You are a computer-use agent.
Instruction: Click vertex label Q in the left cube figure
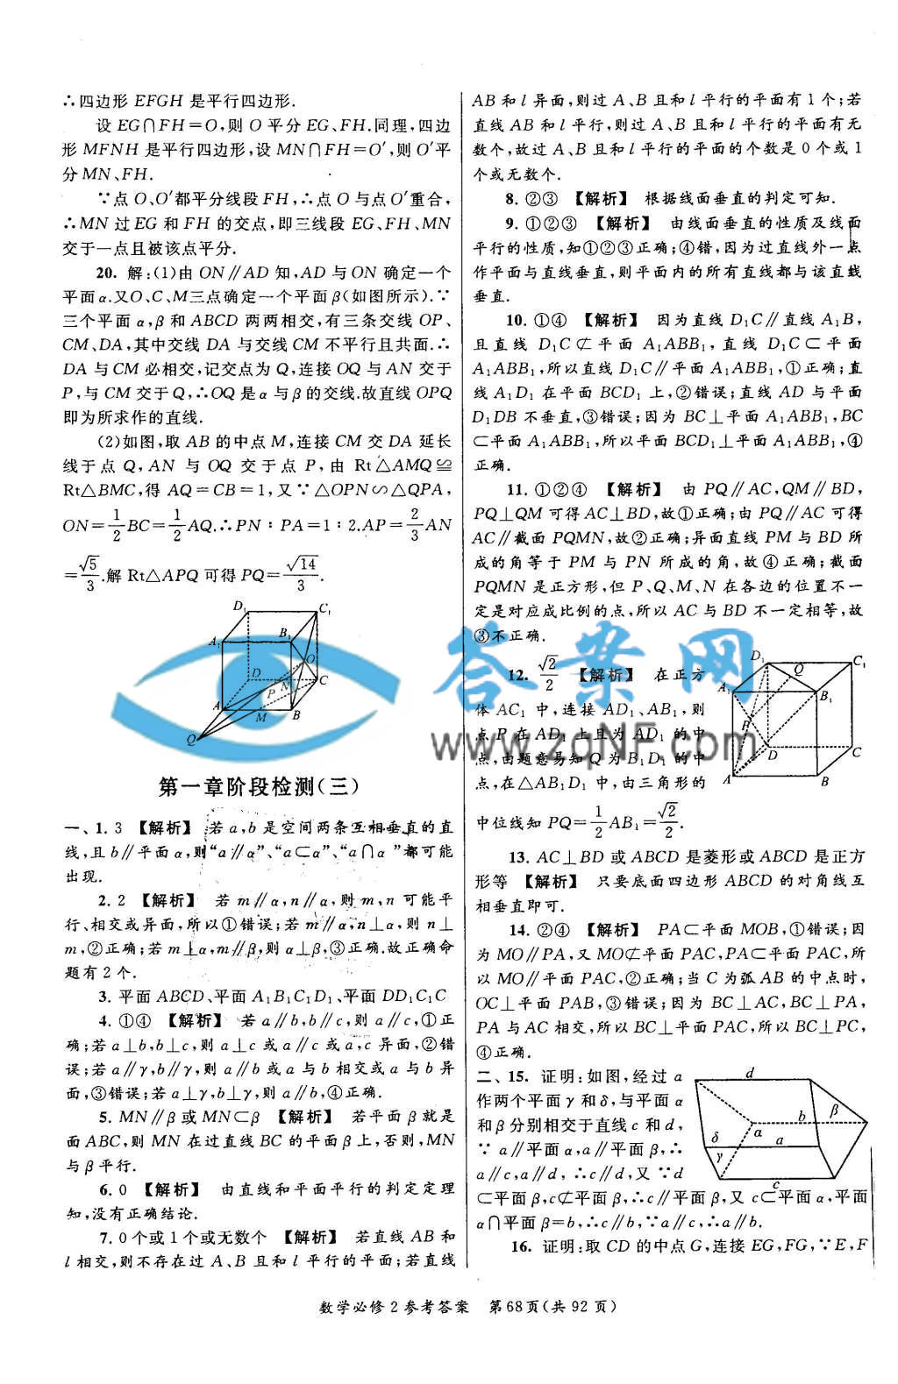tap(191, 740)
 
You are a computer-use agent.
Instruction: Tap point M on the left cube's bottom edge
tap(260, 718)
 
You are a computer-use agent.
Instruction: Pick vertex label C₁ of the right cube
tap(859, 661)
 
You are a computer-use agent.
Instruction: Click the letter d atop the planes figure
tap(750, 1072)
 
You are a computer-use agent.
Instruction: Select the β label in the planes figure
tap(834, 1111)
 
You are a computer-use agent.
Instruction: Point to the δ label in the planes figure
tap(716, 1137)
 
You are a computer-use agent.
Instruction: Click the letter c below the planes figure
tap(776, 1185)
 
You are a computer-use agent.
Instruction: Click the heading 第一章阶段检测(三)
tap(259, 786)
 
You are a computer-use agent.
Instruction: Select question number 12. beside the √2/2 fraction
tap(518, 674)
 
